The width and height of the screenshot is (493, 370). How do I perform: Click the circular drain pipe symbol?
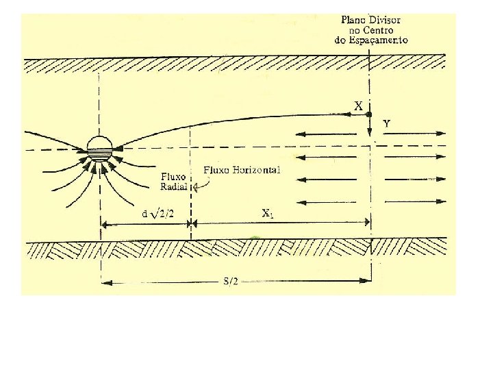[100, 147]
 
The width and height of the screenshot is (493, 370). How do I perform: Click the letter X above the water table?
[358, 106]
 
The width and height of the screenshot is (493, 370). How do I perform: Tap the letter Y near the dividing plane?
[387, 124]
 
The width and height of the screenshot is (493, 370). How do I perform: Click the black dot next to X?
[369, 114]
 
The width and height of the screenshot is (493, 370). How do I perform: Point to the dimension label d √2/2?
[158, 214]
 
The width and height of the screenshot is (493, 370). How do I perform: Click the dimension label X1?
[269, 213]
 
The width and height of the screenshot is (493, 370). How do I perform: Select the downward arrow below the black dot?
[369, 127]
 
